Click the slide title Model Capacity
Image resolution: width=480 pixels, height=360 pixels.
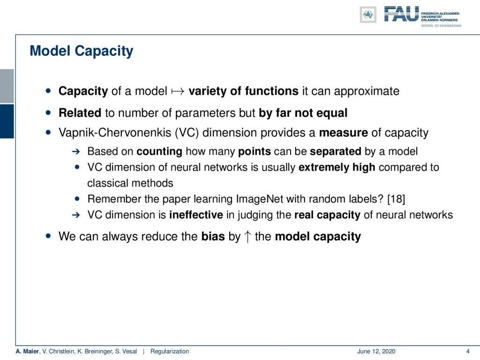coord(82,51)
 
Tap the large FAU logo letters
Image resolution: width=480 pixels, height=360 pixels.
coord(401,14)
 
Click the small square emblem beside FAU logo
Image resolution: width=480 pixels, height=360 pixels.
coord(368,15)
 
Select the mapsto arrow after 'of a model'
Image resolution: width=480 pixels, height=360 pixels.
coord(178,91)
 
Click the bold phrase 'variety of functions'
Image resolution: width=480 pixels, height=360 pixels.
coord(243,91)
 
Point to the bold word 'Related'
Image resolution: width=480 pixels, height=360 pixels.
coord(80,112)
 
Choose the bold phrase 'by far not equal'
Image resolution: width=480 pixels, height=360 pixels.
coord(303,113)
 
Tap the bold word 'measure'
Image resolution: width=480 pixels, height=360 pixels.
coord(344,133)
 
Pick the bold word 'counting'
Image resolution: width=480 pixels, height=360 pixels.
coord(159,151)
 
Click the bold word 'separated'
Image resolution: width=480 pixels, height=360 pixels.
coord(336,151)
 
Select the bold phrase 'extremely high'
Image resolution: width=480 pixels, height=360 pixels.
coord(337,167)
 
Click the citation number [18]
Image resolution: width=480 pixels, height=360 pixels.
coord(396,199)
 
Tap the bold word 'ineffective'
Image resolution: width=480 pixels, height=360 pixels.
coord(196,215)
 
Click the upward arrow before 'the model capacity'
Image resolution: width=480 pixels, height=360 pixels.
coord(247,237)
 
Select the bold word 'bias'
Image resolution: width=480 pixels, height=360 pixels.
coord(213,236)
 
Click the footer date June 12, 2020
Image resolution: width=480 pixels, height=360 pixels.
coord(376,352)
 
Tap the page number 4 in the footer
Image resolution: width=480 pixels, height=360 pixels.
coord(467,351)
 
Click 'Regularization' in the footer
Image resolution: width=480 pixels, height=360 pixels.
coord(170,352)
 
